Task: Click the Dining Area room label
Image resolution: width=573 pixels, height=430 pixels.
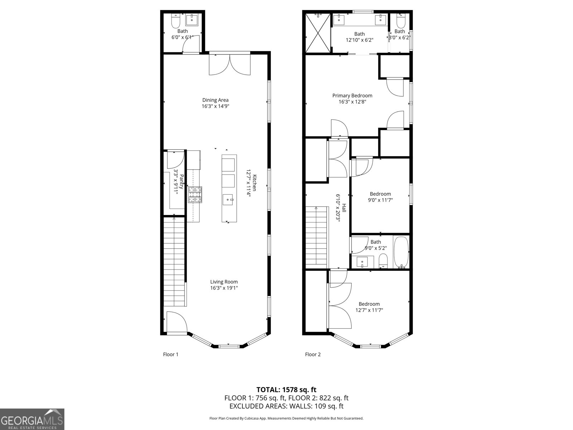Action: click(215, 100)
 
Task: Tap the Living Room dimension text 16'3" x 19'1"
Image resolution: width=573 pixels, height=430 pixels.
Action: click(224, 288)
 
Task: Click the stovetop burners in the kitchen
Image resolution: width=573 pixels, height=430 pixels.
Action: click(195, 195)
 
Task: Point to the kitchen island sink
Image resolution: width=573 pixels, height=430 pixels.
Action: click(228, 199)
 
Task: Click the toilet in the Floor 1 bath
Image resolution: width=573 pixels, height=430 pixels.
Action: click(175, 22)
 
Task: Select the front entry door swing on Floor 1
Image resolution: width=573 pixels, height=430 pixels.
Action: click(177, 322)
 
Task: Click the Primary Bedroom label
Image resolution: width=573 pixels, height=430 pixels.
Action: click(352, 96)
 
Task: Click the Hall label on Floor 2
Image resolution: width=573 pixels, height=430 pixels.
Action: click(344, 208)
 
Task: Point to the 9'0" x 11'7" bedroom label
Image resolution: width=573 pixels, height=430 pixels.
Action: click(380, 194)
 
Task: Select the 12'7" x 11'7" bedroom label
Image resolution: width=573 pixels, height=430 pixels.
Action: click(369, 304)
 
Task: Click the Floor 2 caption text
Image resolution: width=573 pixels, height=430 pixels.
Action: click(313, 354)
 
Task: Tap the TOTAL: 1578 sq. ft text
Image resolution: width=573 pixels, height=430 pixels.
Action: click(286, 390)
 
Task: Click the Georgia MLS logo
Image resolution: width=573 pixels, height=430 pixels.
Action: click(32, 419)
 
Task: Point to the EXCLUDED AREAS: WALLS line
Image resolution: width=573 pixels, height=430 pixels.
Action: click(286, 406)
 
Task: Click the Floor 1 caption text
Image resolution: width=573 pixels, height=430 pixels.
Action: click(170, 354)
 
